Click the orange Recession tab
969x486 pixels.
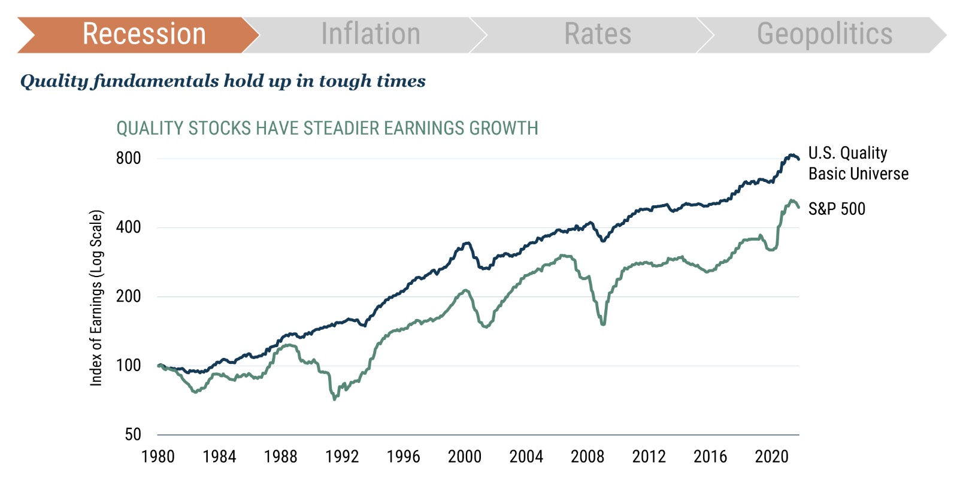(x=144, y=34)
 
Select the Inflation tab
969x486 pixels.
(x=370, y=34)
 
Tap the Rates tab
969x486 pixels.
(x=597, y=34)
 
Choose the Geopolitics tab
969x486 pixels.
(x=824, y=34)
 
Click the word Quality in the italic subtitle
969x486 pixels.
(x=54, y=81)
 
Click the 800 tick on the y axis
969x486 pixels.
(x=128, y=158)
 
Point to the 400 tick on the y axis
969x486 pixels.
(x=128, y=227)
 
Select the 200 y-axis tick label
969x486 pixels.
(x=128, y=296)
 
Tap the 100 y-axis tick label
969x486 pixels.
(x=128, y=365)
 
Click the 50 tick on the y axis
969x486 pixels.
(x=133, y=435)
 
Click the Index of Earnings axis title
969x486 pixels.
(x=96, y=297)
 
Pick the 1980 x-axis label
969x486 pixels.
(x=158, y=457)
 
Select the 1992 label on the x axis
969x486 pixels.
(x=342, y=457)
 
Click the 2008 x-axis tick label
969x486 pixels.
(x=588, y=457)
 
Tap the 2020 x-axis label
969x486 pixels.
(x=771, y=457)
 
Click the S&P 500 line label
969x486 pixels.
(x=837, y=209)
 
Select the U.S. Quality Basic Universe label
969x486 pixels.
(x=858, y=163)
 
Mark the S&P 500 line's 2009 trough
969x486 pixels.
(x=603, y=324)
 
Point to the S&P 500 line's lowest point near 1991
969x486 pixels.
(x=334, y=399)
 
